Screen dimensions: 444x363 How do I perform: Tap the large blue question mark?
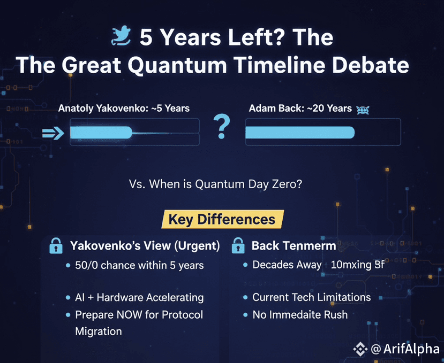pos(221,126)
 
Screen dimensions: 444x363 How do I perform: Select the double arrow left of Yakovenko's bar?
pos(53,133)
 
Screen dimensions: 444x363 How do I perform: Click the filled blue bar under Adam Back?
pos(300,133)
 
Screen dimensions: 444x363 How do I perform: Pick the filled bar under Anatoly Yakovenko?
pos(101,133)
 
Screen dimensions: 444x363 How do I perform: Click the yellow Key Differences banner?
pos(222,219)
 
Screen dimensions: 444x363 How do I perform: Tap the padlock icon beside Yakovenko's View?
pos(56,245)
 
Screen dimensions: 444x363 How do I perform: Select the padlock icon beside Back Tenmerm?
pos(238,245)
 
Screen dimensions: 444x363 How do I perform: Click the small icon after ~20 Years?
pos(363,110)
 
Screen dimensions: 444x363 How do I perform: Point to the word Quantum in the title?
pos(177,65)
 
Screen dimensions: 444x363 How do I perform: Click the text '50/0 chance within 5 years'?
pos(139,266)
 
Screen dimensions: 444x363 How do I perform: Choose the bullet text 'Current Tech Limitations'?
pos(312,297)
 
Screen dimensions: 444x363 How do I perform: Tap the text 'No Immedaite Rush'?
pos(300,315)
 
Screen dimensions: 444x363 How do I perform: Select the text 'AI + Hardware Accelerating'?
pos(139,297)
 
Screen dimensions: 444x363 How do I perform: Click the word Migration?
pos(99,331)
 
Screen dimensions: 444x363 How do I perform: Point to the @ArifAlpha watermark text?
pos(405,349)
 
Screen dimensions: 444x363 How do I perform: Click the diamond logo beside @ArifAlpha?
pos(360,349)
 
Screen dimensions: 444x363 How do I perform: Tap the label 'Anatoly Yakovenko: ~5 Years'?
pos(124,109)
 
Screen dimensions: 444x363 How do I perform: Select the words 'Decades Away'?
pos(287,265)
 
